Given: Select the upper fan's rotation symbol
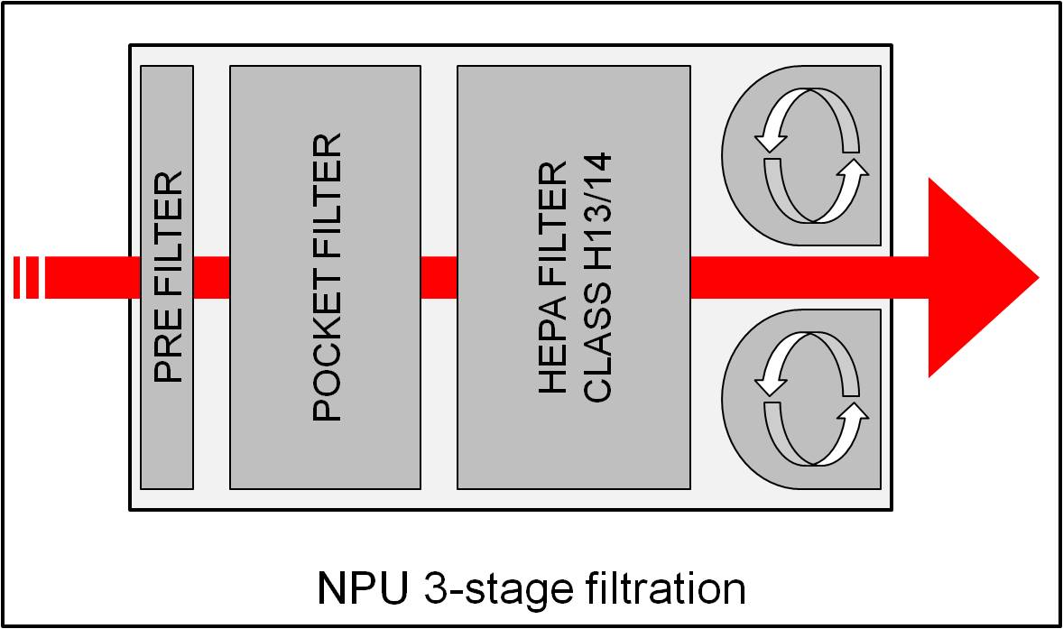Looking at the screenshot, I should (x=810, y=155).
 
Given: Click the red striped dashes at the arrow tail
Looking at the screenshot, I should (x=26, y=277).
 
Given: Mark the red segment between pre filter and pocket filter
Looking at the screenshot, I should (x=212, y=277).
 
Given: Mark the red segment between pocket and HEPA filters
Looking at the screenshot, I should (x=439, y=277).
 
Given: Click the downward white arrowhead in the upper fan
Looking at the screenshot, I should (x=770, y=140).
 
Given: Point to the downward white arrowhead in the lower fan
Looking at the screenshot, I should (x=770, y=383).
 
